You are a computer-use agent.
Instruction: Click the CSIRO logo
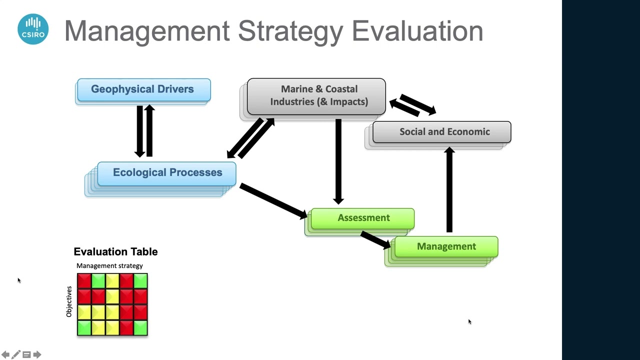coord(33,29)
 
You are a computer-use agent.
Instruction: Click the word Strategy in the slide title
coord(291,31)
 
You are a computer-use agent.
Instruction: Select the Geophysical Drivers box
coord(143,89)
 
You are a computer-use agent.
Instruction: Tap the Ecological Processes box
coord(167,173)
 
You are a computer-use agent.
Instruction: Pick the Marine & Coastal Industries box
coord(316,95)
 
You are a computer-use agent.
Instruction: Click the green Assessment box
coord(362,218)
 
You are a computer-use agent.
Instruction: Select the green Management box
coord(446,246)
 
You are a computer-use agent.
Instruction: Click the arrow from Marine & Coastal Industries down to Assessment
coord(338,160)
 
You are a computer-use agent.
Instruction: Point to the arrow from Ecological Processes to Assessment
coord(272,200)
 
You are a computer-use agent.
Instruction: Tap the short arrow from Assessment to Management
coord(375,239)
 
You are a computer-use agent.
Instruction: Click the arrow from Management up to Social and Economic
coord(449,190)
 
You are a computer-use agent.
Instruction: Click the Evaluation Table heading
coord(115,252)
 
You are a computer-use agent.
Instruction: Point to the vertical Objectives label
coord(69,301)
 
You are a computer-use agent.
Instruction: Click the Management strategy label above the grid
coord(109,266)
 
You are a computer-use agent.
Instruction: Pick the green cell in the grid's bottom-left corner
coord(84,328)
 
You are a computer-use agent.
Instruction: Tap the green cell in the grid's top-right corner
coord(140,280)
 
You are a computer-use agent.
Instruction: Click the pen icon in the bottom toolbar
coord(16,354)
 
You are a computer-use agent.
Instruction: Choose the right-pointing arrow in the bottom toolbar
coord(37,354)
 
